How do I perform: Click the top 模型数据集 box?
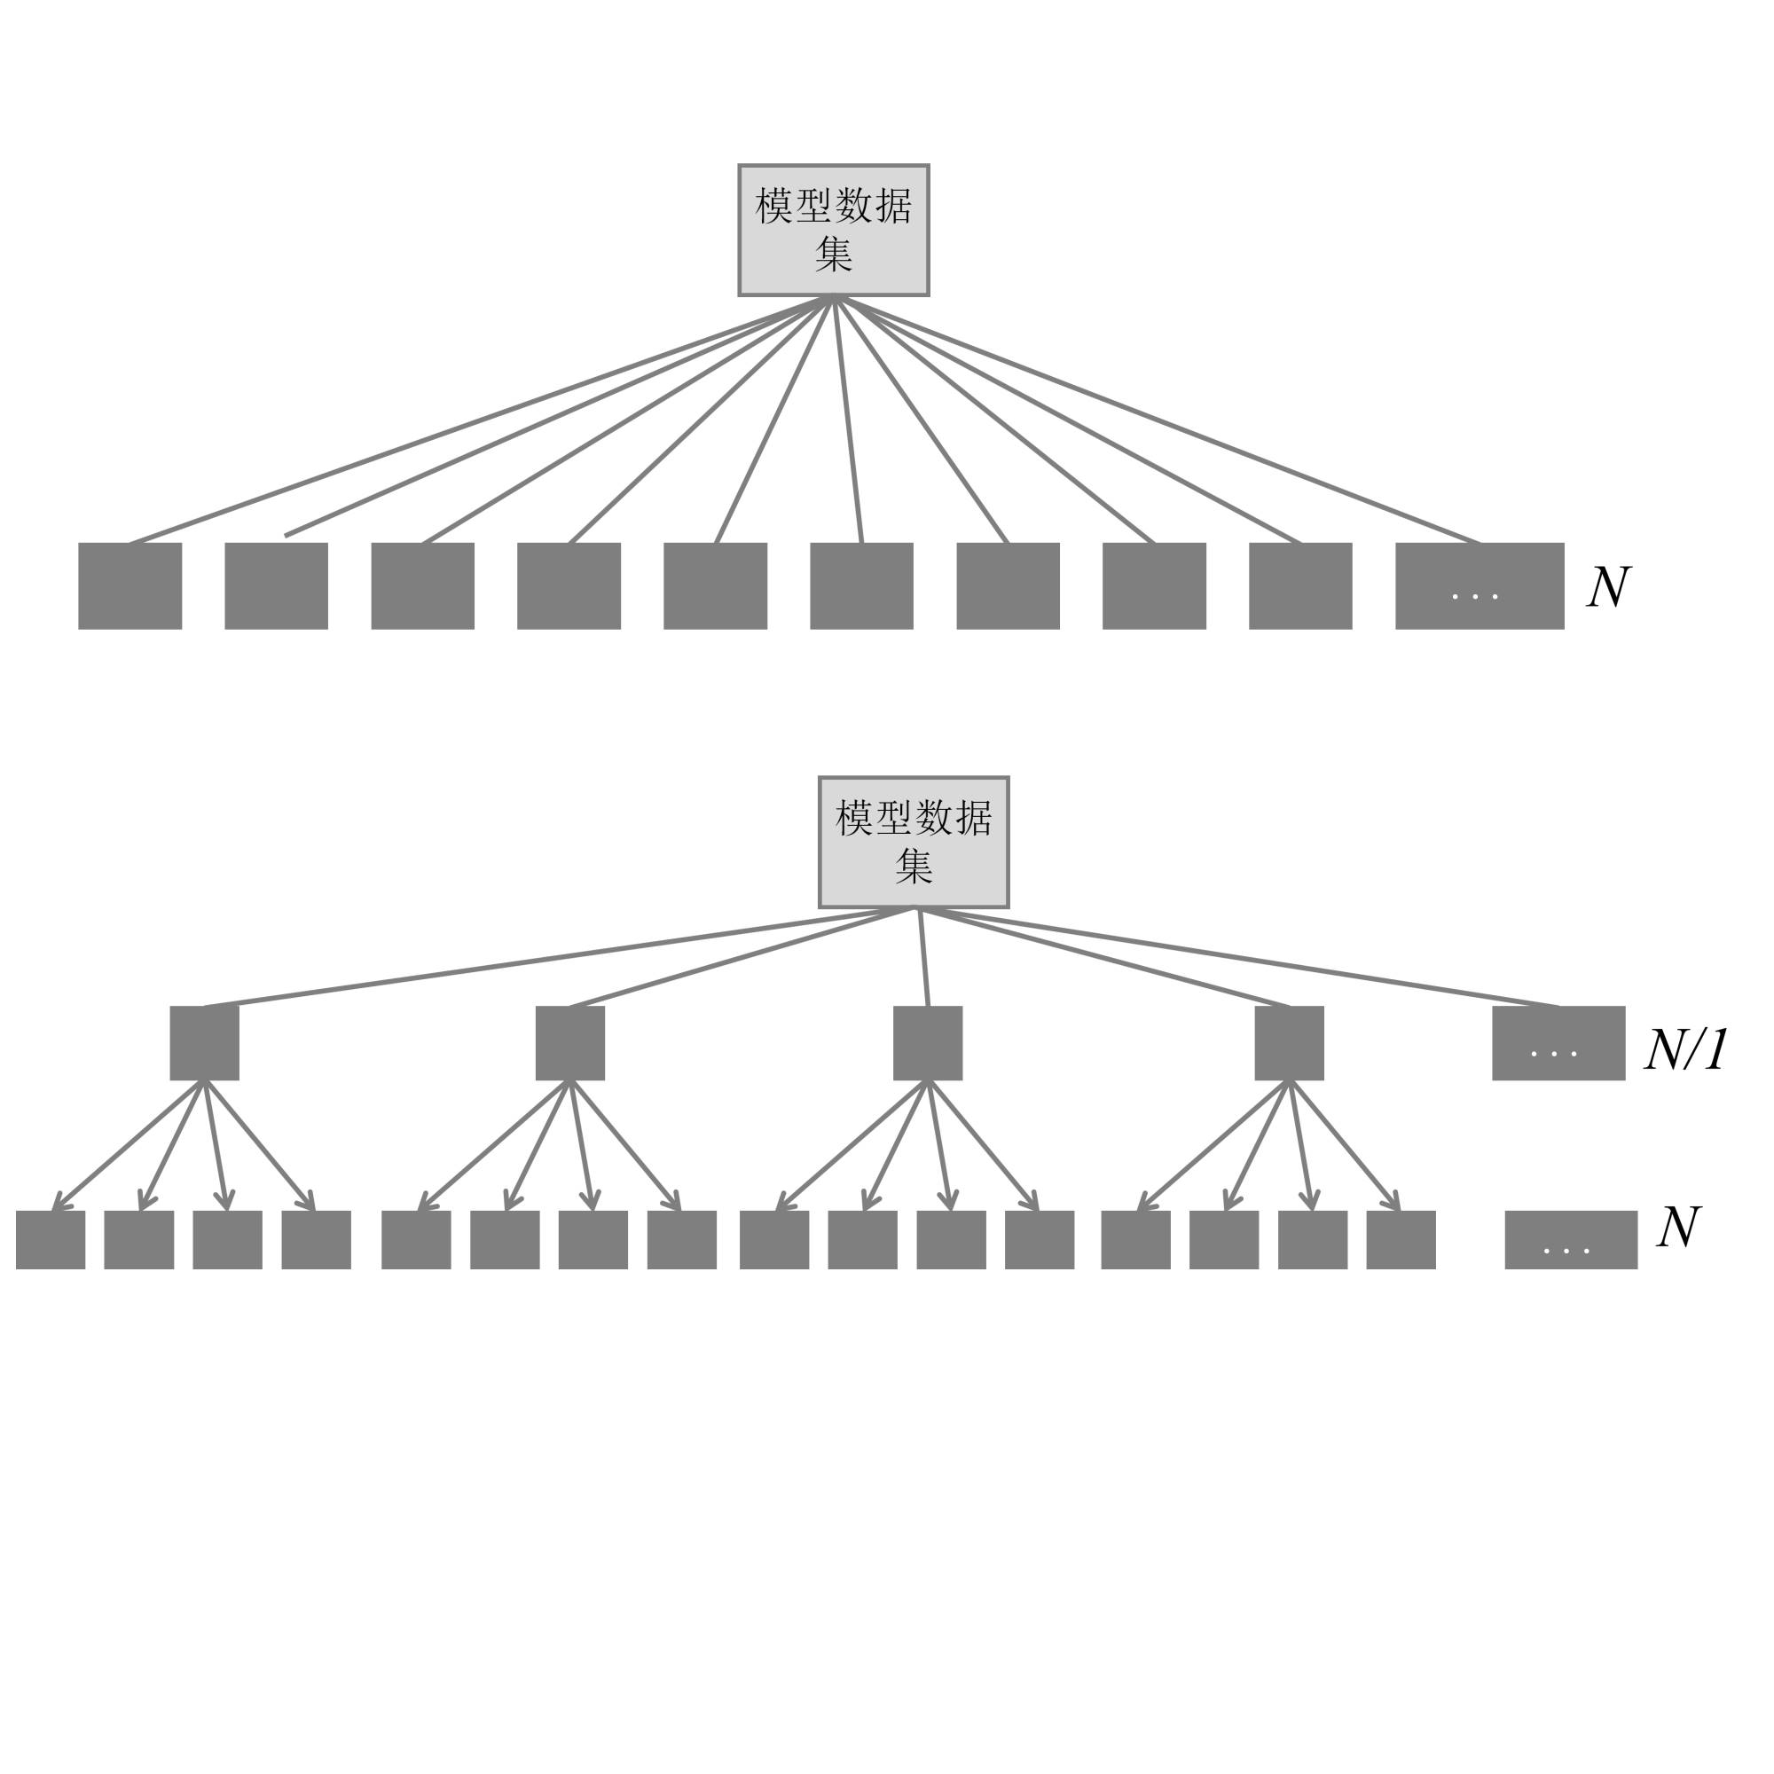[833, 230]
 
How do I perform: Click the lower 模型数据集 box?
[914, 842]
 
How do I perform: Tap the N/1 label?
[1686, 1049]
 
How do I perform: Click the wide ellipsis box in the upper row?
[1480, 585]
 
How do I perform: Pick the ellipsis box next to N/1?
[1558, 1043]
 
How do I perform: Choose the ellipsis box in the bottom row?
[1570, 1240]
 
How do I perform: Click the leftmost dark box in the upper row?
[130, 585]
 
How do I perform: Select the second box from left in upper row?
[277, 585]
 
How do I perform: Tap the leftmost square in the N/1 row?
[205, 1043]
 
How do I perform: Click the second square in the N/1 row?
[570, 1043]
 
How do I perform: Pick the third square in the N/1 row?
[928, 1043]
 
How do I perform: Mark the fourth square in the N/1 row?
[1289, 1043]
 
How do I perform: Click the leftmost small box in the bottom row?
[51, 1240]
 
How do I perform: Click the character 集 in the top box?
[834, 255]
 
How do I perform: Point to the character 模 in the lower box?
[854, 818]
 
